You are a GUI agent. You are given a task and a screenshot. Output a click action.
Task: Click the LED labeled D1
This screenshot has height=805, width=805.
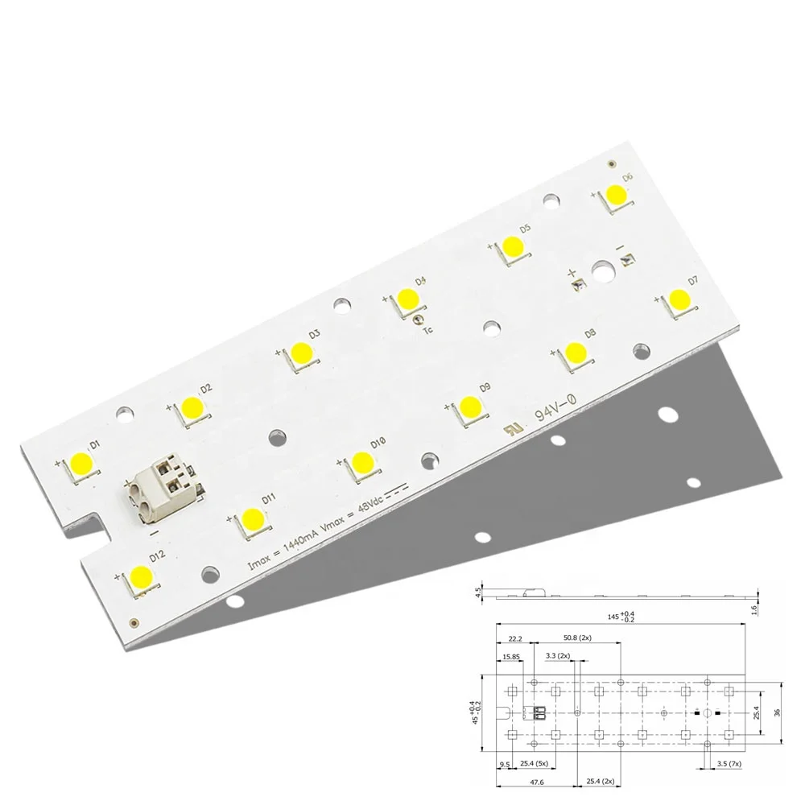click(81, 463)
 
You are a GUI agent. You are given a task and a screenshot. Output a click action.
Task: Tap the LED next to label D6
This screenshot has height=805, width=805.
click(616, 195)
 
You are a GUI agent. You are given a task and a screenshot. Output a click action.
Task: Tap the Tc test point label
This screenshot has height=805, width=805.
click(428, 329)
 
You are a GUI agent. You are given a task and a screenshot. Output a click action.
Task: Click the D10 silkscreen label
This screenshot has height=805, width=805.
click(378, 443)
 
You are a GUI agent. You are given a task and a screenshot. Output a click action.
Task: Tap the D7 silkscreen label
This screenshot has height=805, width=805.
click(693, 281)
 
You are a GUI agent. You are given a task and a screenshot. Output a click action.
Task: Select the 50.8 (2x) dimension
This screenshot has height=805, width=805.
click(577, 638)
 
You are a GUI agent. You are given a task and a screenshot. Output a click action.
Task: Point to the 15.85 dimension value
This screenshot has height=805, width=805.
click(510, 657)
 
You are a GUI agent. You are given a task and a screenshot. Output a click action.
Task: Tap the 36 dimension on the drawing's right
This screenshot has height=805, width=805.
click(777, 712)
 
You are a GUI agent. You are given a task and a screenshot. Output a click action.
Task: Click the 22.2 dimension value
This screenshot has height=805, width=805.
click(515, 638)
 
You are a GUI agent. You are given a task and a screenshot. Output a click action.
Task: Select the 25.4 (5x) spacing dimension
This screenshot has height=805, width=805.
click(534, 763)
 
